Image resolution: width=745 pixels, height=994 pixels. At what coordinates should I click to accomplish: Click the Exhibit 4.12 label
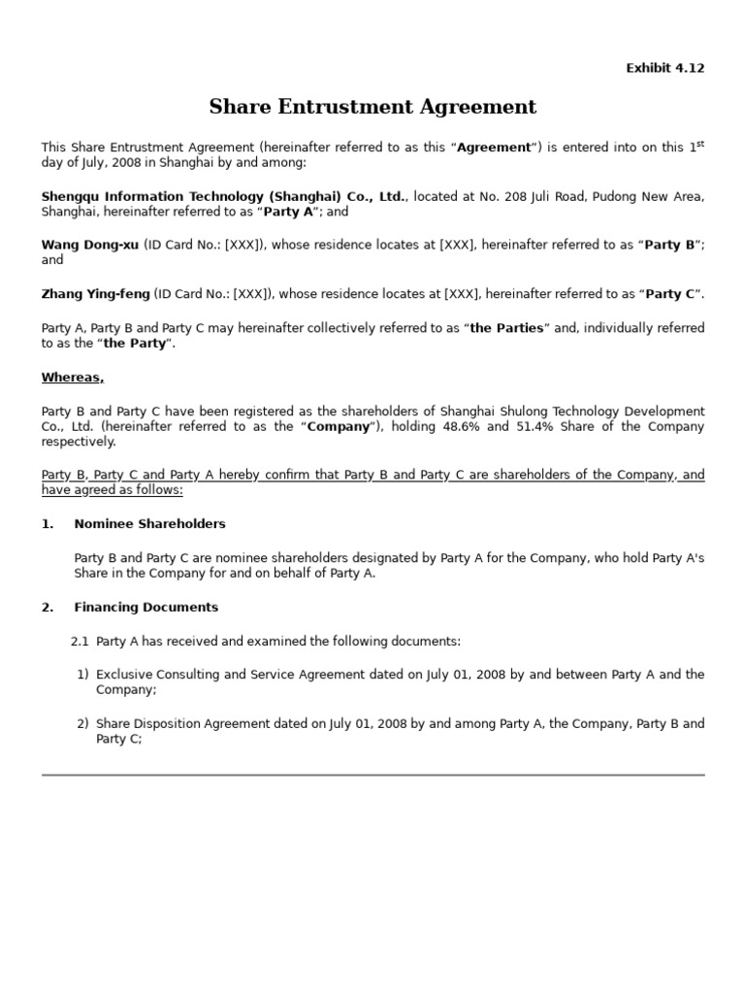(x=664, y=68)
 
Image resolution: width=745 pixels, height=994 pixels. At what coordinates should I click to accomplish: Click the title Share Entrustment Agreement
(x=372, y=107)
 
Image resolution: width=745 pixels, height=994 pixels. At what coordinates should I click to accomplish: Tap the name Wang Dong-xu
(x=89, y=246)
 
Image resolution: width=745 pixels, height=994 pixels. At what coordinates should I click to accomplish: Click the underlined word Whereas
(x=72, y=378)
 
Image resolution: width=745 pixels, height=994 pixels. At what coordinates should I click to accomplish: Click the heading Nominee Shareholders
(x=149, y=524)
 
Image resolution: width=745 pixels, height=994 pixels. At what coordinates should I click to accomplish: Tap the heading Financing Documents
(x=146, y=608)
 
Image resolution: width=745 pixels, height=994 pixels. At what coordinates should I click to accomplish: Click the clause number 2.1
(x=80, y=642)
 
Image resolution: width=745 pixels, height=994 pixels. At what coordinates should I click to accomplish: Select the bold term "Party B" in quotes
(x=670, y=246)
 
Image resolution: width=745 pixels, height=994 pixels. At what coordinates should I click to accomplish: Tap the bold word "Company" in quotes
(x=340, y=427)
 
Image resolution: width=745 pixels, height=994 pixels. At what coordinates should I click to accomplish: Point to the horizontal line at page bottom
(x=372, y=775)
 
